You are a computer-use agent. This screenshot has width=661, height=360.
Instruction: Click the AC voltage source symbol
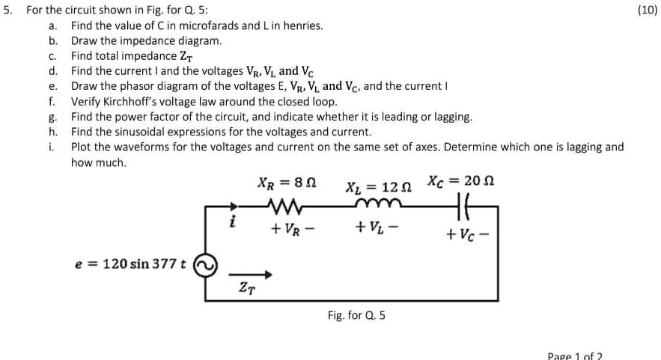(x=205, y=264)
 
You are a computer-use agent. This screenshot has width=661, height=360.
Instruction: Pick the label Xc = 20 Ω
(x=461, y=180)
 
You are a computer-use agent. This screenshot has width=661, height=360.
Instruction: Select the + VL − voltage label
(x=372, y=225)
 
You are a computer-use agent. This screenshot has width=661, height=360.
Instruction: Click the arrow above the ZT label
(x=246, y=275)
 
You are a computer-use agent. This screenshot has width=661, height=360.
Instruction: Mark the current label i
(x=233, y=222)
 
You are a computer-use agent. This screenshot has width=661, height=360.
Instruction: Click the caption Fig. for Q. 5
(x=356, y=315)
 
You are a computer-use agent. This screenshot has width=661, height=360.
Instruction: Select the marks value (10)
(x=648, y=10)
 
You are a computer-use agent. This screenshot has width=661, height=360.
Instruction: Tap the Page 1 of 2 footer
(x=575, y=355)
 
